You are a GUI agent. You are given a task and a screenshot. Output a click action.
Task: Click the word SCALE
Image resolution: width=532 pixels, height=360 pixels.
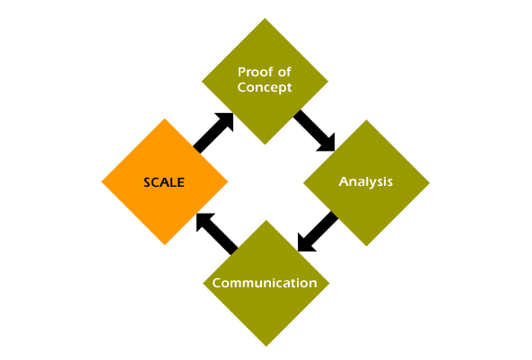tap(164, 182)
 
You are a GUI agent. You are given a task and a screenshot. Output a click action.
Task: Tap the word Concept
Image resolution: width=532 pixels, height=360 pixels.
tap(265, 88)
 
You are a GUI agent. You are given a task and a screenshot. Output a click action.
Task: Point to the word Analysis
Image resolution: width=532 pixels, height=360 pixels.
tap(366, 181)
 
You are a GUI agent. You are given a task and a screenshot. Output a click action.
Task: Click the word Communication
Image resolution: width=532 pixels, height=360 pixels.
tap(265, 283)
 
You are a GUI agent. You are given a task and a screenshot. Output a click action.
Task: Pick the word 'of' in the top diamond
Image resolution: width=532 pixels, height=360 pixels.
tap(284, 72)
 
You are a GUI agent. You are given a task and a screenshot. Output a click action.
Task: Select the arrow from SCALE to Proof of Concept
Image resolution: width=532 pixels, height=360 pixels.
tap(214, 133)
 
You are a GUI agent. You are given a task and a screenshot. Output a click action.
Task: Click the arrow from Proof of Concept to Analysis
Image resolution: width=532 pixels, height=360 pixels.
tap(314, 131)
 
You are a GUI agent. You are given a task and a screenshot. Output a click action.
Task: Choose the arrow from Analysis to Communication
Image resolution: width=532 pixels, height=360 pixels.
tap(318, 232)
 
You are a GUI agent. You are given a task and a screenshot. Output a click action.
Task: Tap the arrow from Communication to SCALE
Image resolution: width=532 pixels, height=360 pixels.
tap(217, 234)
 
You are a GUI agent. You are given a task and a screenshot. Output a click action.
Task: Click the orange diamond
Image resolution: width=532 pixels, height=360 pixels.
tap(164, 181)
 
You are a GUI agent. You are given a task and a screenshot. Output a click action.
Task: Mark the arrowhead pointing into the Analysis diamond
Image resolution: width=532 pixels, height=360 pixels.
tap(327, 145)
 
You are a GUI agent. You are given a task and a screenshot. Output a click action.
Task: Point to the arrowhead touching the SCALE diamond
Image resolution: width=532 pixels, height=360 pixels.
tap(204, 221)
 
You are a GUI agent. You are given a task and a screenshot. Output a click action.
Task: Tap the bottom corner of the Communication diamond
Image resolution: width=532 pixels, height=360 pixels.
tap(266, 347)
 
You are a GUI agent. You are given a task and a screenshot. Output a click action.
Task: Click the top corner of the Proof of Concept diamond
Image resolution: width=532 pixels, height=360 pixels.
tap(265, 18)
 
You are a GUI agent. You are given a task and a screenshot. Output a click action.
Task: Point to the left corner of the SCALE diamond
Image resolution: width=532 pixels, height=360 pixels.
tap(101, 181)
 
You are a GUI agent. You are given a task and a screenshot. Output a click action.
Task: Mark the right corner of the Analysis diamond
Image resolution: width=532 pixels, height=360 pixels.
tap(430, 183)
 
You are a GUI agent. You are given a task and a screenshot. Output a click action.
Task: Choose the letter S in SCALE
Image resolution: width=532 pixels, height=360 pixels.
tap(147, 183)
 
